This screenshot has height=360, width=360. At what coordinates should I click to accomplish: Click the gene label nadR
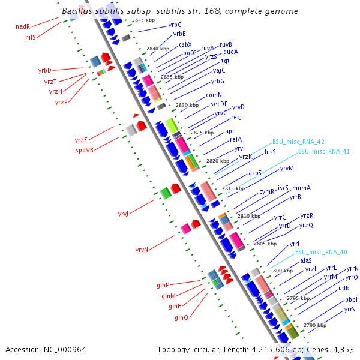tap(23, 26)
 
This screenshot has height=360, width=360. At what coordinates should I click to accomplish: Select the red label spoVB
tap(85, 150)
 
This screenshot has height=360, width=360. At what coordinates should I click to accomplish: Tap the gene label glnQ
tap(182, 317)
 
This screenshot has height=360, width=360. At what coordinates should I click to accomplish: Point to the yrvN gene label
tap(142, 250)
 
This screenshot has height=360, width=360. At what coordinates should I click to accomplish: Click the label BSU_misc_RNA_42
tap(298, 142)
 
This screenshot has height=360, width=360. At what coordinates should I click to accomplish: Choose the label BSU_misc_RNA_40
tap(321, 253)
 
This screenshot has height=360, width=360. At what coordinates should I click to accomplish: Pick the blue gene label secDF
tap(219, 104)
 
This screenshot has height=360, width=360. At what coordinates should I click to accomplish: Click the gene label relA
tap(236, 139)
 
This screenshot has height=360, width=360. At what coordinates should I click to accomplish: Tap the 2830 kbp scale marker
tap(187, 105)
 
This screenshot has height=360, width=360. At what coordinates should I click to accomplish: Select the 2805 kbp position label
tap(265, 244)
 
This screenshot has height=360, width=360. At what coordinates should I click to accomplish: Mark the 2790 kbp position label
tap(315, 325)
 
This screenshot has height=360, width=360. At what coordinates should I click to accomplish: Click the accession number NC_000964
tap(65, 350)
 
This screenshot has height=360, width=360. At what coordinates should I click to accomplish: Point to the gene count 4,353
tap(343, 350)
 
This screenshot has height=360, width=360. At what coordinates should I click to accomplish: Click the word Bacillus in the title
tap(77, 11)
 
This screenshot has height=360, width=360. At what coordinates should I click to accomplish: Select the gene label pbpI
tap(351, 300)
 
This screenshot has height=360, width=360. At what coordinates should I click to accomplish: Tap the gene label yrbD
tap(45, 70)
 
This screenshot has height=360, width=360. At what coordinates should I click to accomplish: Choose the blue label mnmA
tap(301, 188)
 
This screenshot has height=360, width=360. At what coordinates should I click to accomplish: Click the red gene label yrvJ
tap(123, 214)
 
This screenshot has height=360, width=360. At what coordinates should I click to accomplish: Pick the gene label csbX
tap(185, 44)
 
